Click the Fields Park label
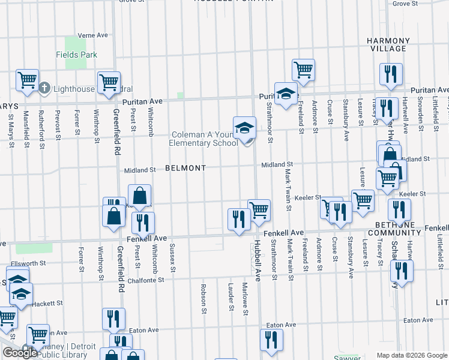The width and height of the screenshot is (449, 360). (77, 55)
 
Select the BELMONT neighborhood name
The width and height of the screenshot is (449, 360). (185, 169)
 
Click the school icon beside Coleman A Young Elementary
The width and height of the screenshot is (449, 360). (244, 128)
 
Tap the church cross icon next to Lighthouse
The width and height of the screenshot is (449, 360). (44, 89)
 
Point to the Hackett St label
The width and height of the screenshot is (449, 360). (46, 304)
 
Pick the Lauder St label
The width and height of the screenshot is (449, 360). (231, 298)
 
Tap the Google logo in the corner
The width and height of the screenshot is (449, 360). (20, 353)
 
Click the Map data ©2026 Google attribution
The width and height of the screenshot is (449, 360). (412, 355)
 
